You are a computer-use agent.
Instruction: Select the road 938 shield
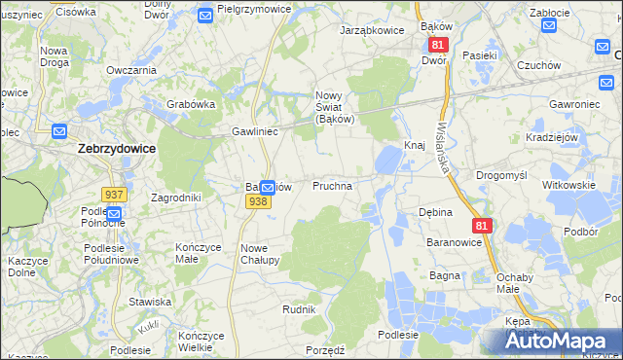[x=257, y=201]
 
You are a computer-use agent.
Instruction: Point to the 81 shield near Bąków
[x=437, y=45]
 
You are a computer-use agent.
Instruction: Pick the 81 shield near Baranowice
[x=483, y=226]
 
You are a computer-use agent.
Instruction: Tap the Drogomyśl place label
[x=501, y=175]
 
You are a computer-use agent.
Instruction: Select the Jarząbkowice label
[x=371, y=30]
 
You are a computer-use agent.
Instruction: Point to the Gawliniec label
[x=255, y=130]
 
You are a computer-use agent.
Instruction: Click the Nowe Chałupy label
[x=260, y=254]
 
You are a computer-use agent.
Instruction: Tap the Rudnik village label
[x=299, y=308]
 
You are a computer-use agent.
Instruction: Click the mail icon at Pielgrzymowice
[x=204, y=15]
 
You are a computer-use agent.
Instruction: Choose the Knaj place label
[x=414, y=145]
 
